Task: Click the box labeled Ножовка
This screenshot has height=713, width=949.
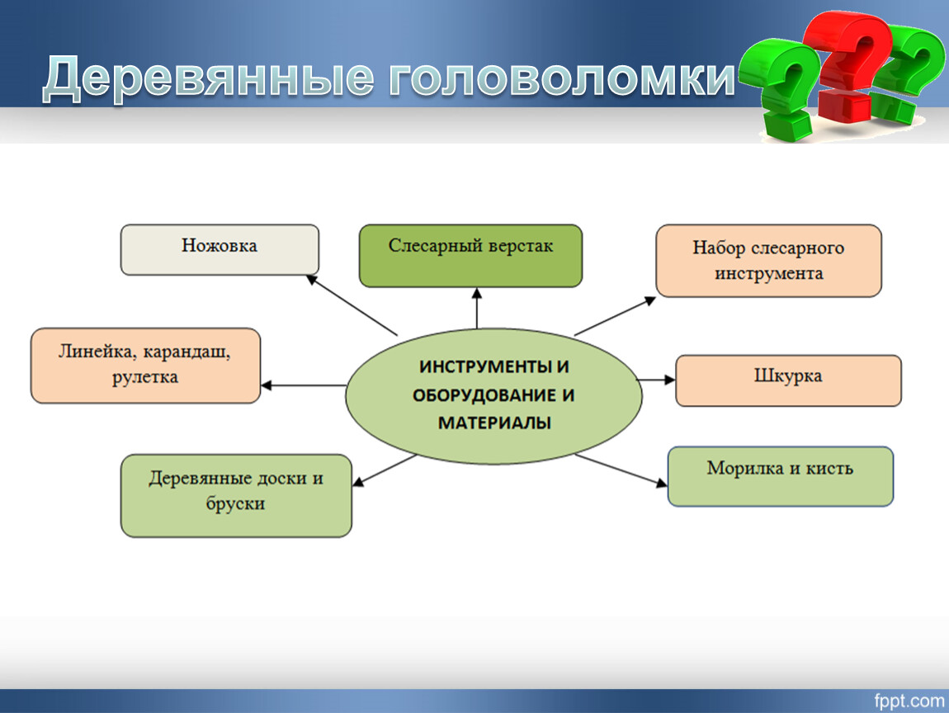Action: (x=220, y=250)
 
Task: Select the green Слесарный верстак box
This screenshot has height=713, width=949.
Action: (x=471, y=256)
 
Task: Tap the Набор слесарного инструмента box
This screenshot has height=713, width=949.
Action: (x=768, y=261)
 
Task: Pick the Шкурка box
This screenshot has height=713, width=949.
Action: (x=788, y=380)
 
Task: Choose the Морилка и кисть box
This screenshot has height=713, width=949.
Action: (x=780, y=476)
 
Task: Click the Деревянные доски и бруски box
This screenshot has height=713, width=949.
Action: (x=236, y=496)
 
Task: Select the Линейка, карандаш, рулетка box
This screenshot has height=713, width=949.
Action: (x=145, y=366)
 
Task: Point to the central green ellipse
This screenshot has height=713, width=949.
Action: (x=493, y=396)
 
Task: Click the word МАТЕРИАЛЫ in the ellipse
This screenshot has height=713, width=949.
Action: (x=494, y=423)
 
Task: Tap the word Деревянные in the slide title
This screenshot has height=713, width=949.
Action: (x=209, y=78)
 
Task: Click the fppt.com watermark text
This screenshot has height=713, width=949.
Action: (x=909, y=701)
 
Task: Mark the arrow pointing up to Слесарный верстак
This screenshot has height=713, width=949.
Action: (x=477, y=308)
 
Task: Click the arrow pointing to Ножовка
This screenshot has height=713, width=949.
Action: (x=352, y=305)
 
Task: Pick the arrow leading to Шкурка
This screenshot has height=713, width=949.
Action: (x=657, y=380)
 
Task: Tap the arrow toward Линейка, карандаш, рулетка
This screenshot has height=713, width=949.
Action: (x=303, y=385)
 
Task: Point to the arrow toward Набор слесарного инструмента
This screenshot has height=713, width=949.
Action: (x=615, y=316)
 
